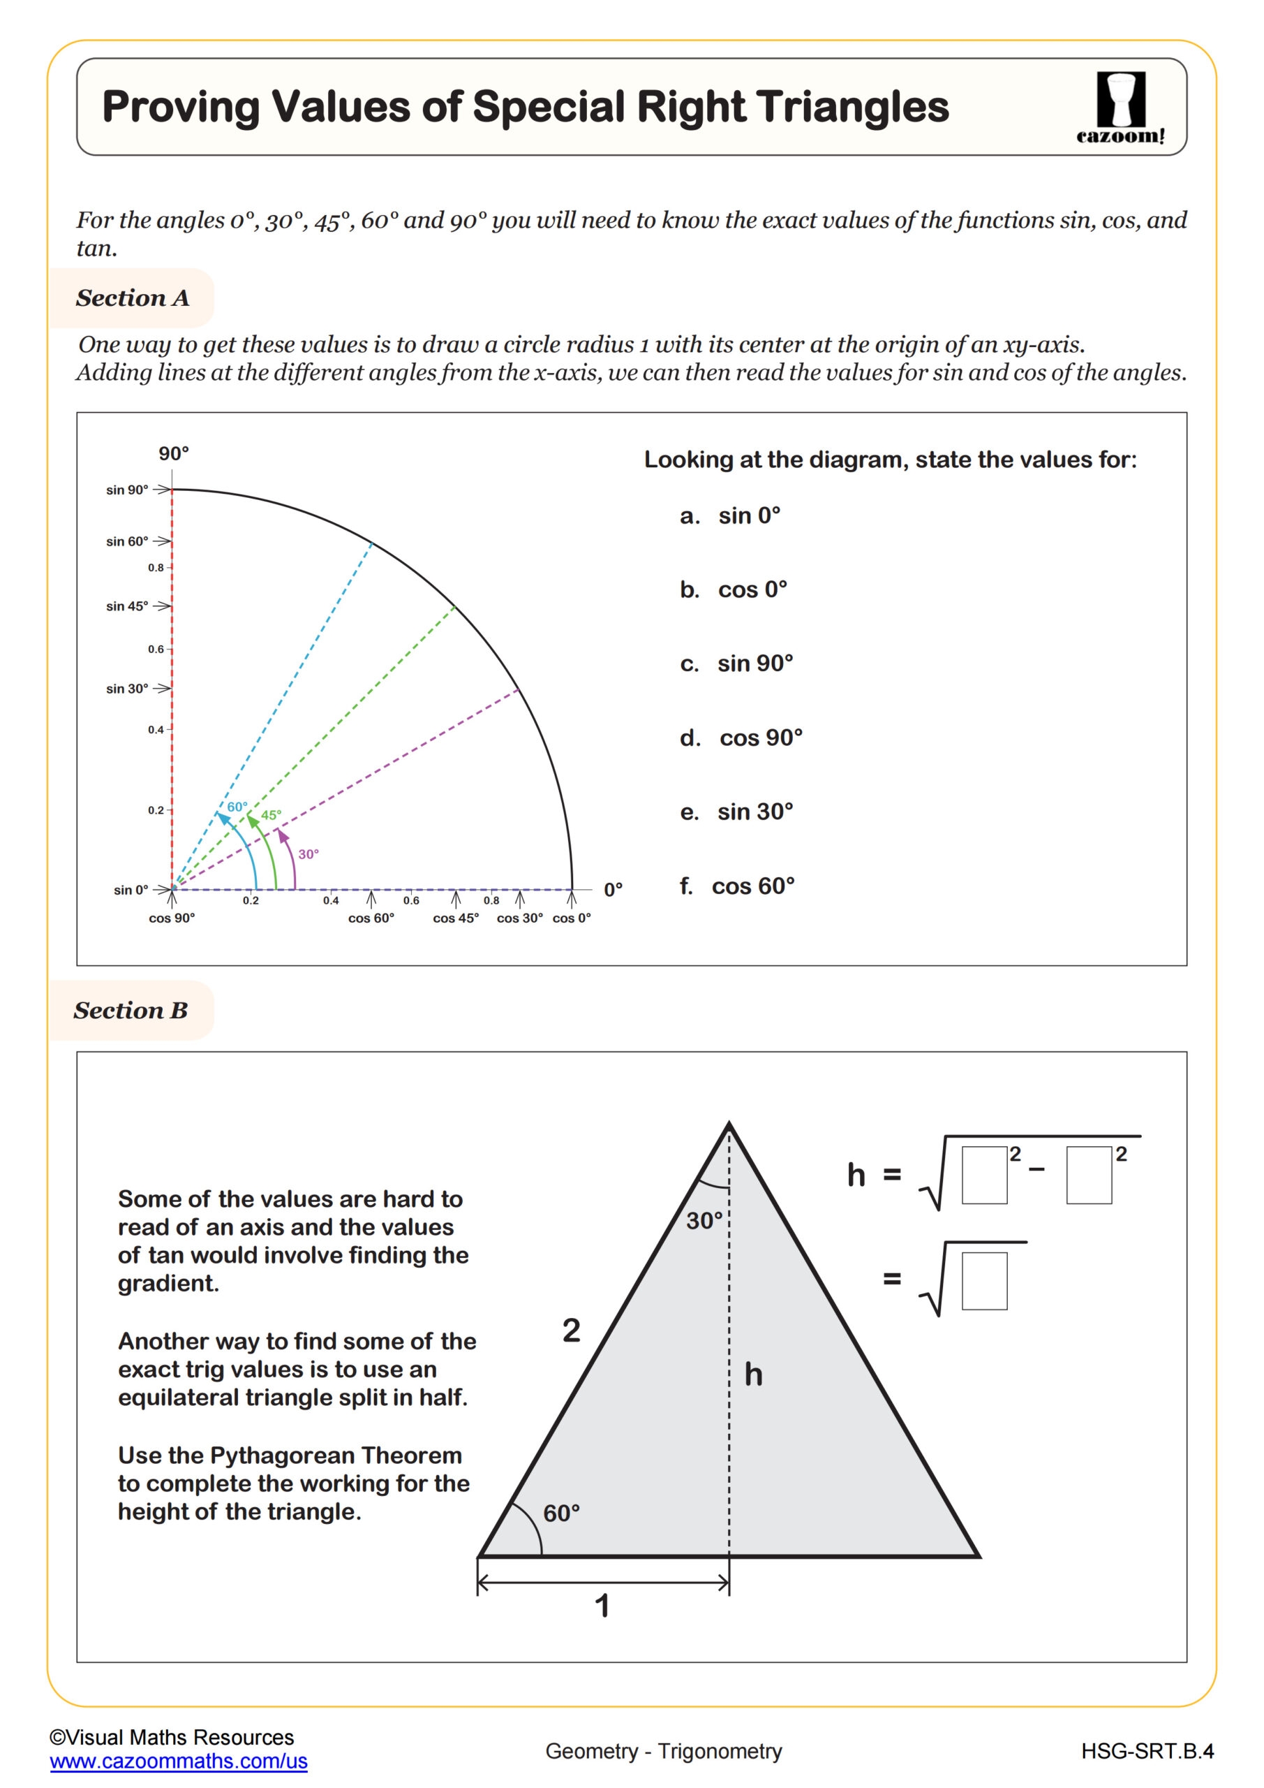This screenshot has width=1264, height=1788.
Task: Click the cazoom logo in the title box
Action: pyautogui.click(x=1120, y=108)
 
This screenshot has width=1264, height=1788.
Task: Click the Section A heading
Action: pyautogui.click(x=133, y=298)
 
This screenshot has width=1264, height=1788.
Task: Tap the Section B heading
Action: pyautogui.click(x=131, y=1011)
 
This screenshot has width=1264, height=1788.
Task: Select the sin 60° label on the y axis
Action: pyautogui.click(x=127, y=541)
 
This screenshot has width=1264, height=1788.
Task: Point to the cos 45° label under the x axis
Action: pyautogui.click(x=455, y=918)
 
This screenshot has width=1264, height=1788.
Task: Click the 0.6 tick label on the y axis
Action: pyautogui.click(x=156, y=649)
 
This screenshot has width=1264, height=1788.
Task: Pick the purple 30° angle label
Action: pyautogui.click(x=308, y=854)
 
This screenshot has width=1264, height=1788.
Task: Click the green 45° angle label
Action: pyautogui.click(x=271, y=815)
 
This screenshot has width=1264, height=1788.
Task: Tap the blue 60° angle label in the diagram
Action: pyautogui.click(x=237, y=807)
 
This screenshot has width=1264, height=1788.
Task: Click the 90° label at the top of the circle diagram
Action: pyautogui.click(x=174, y=453)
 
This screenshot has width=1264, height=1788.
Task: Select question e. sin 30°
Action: pyautogui.click(x=736, y=812)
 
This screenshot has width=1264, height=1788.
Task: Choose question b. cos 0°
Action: pyautogui.click(x=733, y=589)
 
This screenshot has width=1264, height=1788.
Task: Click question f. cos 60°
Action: pyautogui.click(x=737, y=886)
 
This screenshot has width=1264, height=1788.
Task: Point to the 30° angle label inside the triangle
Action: pyautogui.click(x=704, y=1220)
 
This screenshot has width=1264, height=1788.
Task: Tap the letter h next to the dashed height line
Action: pyautogui.click(x=753, y=1375)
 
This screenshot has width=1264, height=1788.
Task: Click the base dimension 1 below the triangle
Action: pyautogui.click(x=602, y=1606)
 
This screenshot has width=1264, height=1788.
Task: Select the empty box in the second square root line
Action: pyautogui.click(x=984, y=1281)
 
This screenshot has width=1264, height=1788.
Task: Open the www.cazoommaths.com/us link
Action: pyautogui.click(x=178, y=1761)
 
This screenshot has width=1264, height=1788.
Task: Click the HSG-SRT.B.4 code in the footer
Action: pyautogui.click(x=1147, y=1752)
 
